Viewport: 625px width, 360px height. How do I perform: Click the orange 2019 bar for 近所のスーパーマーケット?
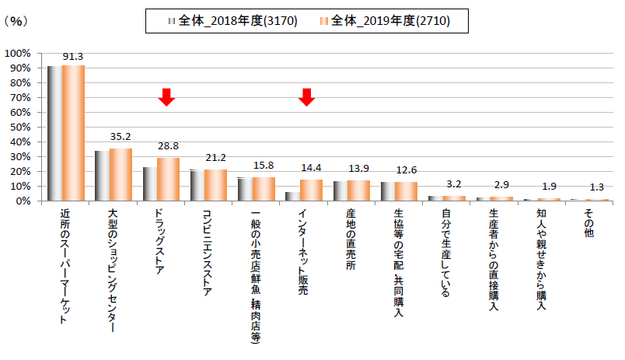point(74,133)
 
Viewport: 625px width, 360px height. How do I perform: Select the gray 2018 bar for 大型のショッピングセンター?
point(102,176)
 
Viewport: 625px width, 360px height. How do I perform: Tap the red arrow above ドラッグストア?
point(166,97)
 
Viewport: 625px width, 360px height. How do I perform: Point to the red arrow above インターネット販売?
point(306,97)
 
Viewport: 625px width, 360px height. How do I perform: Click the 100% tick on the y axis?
point(17,53)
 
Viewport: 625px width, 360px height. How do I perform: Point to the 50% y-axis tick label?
point(19,127)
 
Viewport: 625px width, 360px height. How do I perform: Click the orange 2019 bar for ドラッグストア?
point(169,180)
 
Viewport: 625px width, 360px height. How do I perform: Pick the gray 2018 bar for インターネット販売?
point(292,196)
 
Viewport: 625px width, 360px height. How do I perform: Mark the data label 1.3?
point(596,187)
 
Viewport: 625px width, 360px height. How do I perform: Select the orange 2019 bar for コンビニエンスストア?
point(216,185)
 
